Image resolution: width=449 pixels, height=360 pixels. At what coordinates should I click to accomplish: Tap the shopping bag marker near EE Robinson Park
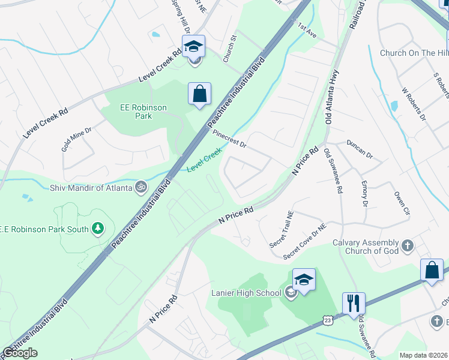(x=199, y=94)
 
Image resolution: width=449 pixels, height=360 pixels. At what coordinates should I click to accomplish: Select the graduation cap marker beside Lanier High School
(x=304, y=280)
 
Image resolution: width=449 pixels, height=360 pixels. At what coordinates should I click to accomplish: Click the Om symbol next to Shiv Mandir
(x=140, y=187)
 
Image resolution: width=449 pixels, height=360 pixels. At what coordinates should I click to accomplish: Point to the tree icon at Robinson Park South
(x=97, y=229)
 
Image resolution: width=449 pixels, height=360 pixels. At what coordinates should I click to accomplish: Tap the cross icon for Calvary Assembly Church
(x=407, y=245)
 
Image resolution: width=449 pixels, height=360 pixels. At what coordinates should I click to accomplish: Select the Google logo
(x=20, y=353)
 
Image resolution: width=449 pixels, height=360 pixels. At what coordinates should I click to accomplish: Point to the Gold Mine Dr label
(x=76, y=137)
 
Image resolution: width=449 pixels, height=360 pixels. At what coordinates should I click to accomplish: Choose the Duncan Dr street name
(x=360, y=150)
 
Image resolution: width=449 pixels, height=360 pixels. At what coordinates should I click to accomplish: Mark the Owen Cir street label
(x=401, y=203)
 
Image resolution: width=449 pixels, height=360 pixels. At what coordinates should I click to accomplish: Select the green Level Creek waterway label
(x=204, y=161)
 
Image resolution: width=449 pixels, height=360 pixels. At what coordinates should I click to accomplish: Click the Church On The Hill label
(x=414, y=53)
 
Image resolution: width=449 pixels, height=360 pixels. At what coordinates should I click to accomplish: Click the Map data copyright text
(x=423, y=355)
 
